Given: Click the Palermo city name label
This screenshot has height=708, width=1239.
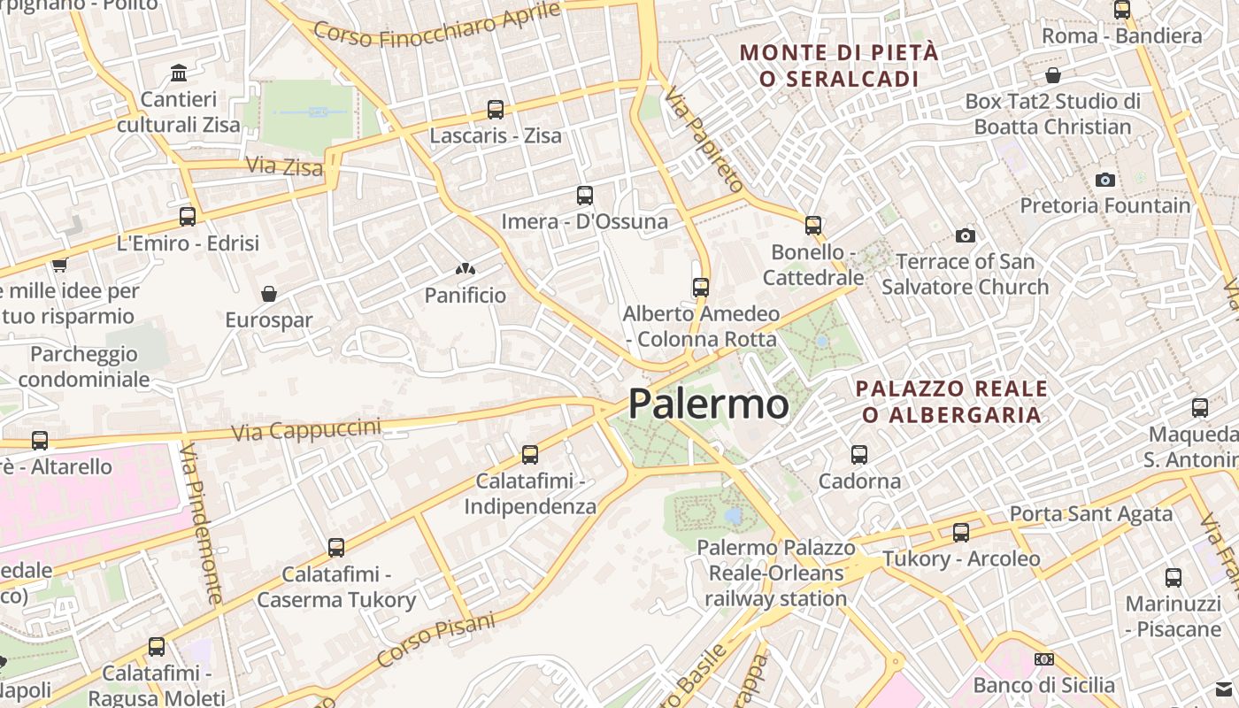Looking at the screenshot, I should pyautogui.click(x=708, y=404).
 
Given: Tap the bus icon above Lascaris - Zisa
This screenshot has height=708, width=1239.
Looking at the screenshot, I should pyautogui.click(x=496, y=110).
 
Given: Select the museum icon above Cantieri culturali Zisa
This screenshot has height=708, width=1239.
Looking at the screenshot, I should pyautogui.click(x=179, y=73).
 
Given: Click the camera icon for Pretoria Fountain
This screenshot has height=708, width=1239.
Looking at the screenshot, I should pyautogui.click(x=1104, y=180).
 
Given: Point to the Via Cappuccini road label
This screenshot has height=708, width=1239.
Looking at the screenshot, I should pyautogui.click(x=306, y=430).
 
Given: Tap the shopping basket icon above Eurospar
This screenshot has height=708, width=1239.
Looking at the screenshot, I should pyautogui.click(x=269, y=293).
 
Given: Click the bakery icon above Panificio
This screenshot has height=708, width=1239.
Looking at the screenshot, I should pyautogui.click(x=466, y=268).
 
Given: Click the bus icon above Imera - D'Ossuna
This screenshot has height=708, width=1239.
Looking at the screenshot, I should pyautogui.click(x=584, y=196).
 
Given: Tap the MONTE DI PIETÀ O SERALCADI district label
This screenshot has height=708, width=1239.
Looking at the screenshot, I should pyautogui.click(x=839, y=65).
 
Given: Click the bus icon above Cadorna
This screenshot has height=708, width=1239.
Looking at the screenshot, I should pyautogui.click(x=858, y=455).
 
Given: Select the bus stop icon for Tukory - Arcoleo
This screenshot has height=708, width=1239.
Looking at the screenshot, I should pyautogui.click(x=961, y=533).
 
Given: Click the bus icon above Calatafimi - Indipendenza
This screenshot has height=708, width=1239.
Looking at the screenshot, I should pyautogui.click(x=530, y=455).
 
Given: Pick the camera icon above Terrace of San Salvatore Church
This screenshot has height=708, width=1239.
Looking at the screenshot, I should pyautogui.click(x=965, y=235).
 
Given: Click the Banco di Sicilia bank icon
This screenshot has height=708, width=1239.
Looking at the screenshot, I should pyautogui.click(x=1044, y=659).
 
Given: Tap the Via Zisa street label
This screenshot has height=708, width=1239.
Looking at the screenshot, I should pyautogui.click(x=284, y=165).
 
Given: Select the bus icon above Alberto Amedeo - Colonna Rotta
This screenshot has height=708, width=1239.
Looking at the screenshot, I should pyautogui.click(x=701, y=288).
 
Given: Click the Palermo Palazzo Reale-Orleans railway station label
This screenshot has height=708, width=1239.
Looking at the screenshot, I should pyautogui.click(x=776, y=573).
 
